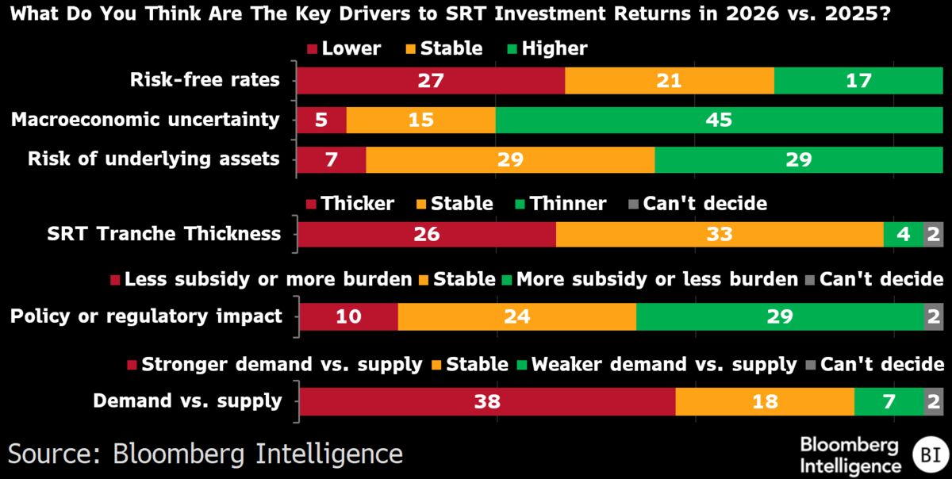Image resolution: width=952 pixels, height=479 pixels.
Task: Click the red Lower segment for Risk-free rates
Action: coord(430,80)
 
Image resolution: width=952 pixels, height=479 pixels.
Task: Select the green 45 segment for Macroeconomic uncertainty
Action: coord(719,120)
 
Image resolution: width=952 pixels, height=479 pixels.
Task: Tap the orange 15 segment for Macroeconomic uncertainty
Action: coord(420,120)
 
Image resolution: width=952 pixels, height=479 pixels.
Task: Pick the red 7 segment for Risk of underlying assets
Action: coord(331,159)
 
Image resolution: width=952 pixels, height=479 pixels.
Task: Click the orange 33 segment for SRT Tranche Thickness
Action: coord(720,234)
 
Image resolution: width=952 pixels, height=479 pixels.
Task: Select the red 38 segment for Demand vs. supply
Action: coord(487,401)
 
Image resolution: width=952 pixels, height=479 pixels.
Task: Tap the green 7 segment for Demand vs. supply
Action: coord(889,401)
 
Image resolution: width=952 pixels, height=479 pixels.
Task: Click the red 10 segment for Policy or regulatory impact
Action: coord(348,316)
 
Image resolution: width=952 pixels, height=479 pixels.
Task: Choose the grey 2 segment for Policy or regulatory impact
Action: coord(934,316)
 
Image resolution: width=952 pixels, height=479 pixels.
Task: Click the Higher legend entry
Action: coord(545,48)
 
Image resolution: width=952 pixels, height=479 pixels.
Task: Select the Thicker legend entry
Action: coord(349,204)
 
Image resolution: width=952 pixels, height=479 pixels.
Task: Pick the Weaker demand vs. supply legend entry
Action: coord(655,365)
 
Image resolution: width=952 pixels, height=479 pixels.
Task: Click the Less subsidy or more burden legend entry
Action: coord(260,279)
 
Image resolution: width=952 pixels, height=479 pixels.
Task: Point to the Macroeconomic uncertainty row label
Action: coord(145,120)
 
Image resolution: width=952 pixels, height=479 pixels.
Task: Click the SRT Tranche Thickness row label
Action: coord(164,234)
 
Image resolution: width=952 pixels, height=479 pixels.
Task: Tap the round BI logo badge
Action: coord(927,454)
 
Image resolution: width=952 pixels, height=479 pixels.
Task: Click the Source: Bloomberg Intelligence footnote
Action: coord(205,454)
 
